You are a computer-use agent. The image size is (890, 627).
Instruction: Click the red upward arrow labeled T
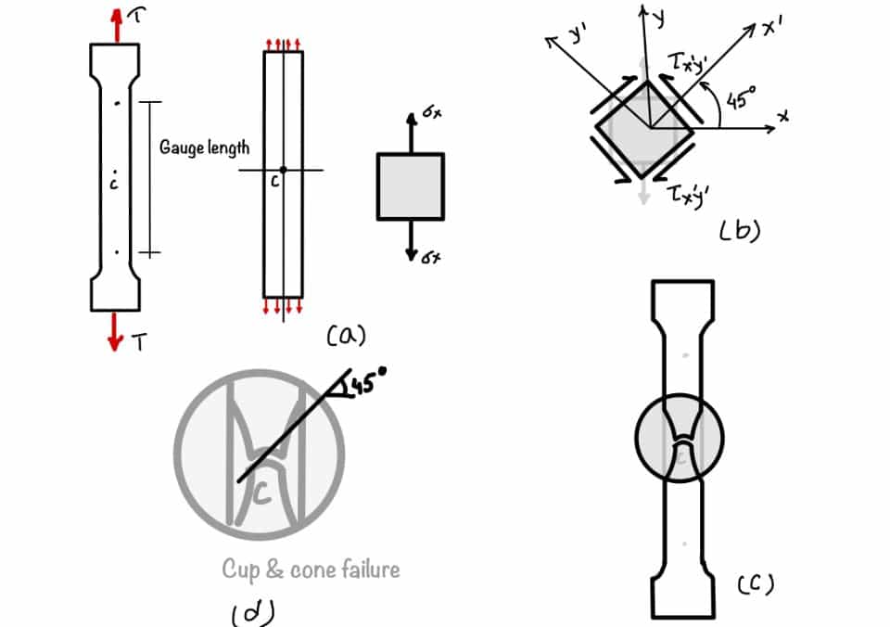(115, 25)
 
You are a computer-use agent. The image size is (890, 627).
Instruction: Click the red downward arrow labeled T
(115, 331)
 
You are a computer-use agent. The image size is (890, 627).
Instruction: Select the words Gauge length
(204, 147)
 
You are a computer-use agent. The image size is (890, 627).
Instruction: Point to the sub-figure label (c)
(756, 584)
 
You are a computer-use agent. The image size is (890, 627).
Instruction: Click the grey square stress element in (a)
(410, 186)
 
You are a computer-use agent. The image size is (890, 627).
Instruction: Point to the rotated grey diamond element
(642, 130)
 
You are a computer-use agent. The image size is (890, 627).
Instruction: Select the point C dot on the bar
(283, 169)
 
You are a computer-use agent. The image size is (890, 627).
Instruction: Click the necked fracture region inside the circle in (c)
(680, 436)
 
